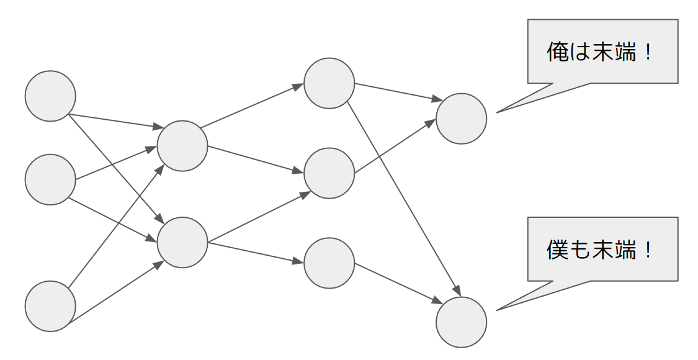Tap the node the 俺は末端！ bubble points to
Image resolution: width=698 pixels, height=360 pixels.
[x=461, y=119]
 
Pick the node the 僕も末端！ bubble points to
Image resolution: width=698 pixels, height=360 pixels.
[x=461, y=322]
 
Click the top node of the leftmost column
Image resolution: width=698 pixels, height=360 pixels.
[x=50, y=96]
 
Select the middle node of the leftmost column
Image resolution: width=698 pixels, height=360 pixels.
[x=50, y=180]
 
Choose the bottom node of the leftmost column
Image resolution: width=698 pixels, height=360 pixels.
[x=50, y=306]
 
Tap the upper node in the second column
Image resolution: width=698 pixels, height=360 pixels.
[x=182, y=146]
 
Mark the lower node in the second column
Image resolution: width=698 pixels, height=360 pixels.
[x=182, y=243]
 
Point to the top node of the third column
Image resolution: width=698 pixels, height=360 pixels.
[x=329, y=83]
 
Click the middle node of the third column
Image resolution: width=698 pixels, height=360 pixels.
[x=329, y=173]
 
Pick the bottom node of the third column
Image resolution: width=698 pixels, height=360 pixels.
[x=329, y=263]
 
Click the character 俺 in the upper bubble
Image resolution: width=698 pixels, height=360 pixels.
[x=557, y=52]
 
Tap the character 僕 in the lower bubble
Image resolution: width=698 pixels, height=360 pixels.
[x=557, y=250]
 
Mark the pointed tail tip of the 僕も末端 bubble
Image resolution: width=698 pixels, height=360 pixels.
[x=498, y=309]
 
